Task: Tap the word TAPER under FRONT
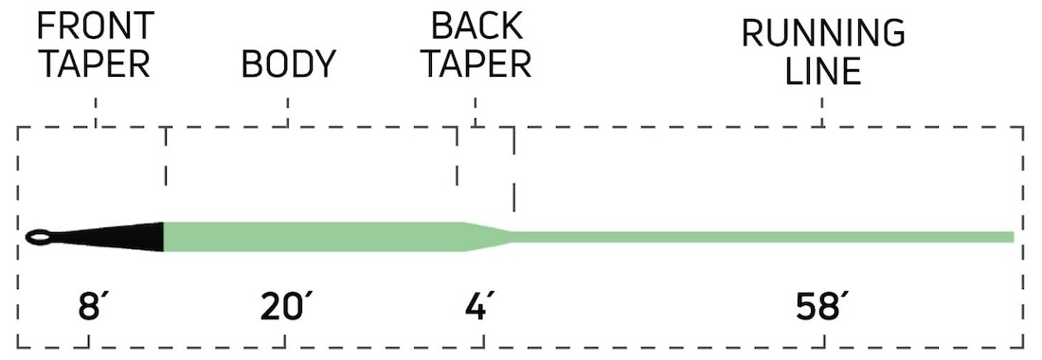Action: (95, 64)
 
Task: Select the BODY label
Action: (289, 64)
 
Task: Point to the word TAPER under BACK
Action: (476, 64)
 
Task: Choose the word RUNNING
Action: (822, 33)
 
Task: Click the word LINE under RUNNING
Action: (822, 72)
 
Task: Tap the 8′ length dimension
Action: (89, 307)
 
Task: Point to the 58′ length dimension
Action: (821, 307)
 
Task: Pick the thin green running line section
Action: (758, 237)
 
